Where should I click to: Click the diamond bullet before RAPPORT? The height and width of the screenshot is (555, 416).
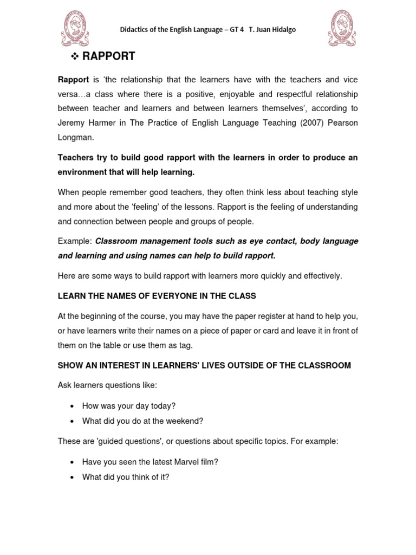tap(75, 57)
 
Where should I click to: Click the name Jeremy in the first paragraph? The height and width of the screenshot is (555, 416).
tap(74, 123)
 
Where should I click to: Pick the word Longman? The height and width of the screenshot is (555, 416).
tap(75, 138)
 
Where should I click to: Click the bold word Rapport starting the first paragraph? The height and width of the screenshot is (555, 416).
tap(73, 80)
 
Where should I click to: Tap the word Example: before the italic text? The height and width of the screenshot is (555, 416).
tap(75, 241)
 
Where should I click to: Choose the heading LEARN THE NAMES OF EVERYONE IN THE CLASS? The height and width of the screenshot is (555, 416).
tap(157, 296)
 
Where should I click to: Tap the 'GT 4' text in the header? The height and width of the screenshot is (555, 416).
tap(237, 29)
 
